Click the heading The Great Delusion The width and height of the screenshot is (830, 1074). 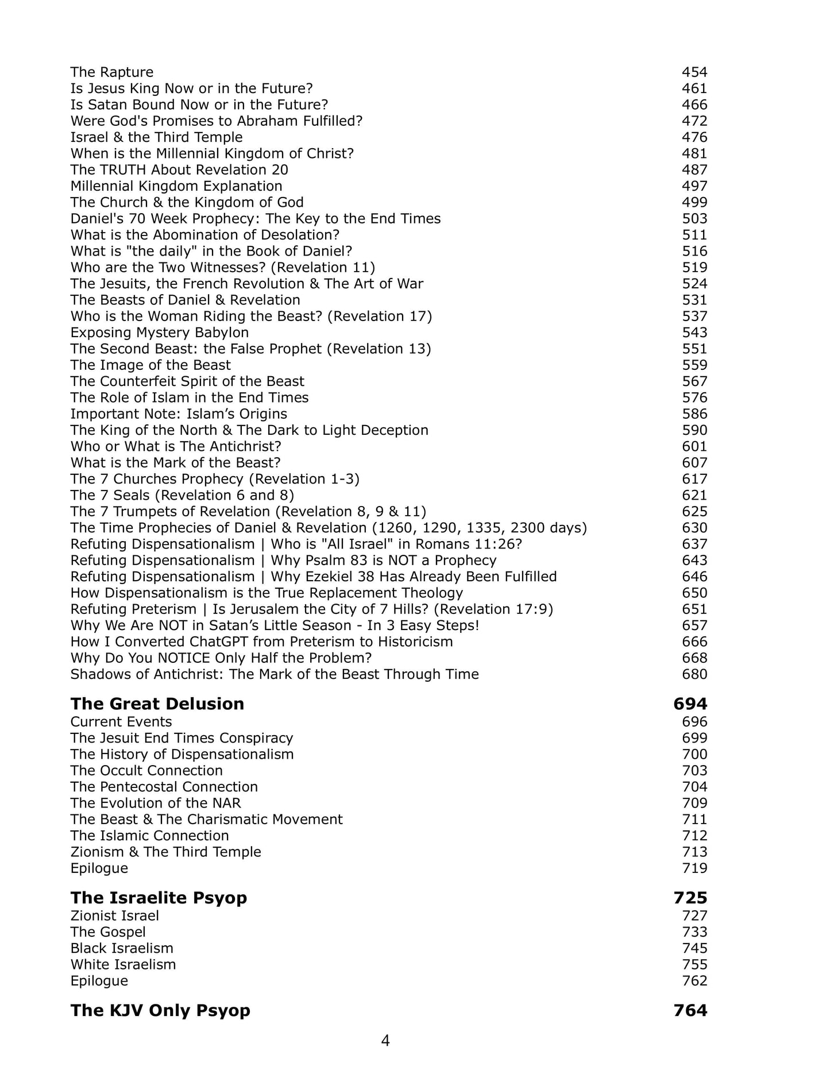coord(157,704)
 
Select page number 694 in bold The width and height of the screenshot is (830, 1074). coord(690,704)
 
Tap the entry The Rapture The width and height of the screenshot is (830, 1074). coord(112,72)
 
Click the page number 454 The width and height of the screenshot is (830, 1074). coord(694,72)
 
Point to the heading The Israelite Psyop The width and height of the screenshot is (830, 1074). coord(159,898)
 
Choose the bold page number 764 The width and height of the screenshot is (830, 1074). coord(690,1010)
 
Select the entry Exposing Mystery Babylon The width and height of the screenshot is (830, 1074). coord(160,333)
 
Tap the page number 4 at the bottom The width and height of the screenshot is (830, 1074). coord(385,1040)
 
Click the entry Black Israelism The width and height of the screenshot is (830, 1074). coord(122,948)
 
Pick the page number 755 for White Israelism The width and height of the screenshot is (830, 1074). coord(694,964)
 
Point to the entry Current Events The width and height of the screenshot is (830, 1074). coord(121,722)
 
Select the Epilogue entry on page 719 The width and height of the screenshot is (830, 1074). coord(99,868)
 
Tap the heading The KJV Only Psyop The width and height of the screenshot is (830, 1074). coord(160,1010)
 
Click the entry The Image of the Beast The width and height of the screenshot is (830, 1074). coord(150,365)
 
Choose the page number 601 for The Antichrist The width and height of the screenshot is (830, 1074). coord(694,446)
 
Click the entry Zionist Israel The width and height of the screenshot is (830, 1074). coord(115,916)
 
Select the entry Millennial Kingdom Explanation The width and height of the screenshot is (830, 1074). coord(176,186)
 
